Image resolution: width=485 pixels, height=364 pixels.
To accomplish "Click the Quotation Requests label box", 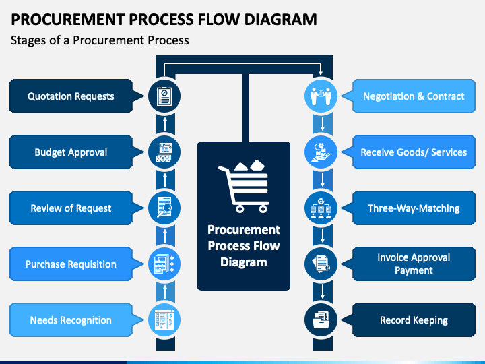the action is [x=71, y=96].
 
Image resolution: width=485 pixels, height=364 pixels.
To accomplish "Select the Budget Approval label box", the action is [x=71, y=152].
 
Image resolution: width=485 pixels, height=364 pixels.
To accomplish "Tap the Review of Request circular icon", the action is [x=164, y=208].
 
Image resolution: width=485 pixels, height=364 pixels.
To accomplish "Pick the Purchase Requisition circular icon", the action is [x=164, y=264].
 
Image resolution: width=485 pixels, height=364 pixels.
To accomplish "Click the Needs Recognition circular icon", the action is [x=164, y=320].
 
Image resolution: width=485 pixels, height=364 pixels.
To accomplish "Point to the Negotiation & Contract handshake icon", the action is [x=321, y=96].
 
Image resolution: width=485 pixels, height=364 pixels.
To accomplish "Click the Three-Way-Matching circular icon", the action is [x=321, y=208].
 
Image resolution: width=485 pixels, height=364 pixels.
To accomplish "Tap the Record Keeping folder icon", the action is [x=321, y=320].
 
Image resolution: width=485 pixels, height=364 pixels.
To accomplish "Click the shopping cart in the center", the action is [x=244, y=186].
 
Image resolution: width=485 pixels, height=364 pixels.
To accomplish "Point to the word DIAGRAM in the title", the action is [x=280, y=19].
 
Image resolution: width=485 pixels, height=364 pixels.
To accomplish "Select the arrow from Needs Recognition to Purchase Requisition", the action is [x=165, y=292].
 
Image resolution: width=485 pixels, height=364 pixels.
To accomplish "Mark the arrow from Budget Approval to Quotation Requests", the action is [x=165, y=124].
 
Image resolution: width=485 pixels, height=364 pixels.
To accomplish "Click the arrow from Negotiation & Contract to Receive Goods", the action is [x=323, y=124].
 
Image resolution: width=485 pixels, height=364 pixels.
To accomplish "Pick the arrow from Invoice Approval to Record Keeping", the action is [x=323, y=292].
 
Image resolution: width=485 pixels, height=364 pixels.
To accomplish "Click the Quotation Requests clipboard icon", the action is [x=164, y=96].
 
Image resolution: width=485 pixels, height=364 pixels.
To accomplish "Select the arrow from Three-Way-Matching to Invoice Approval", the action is [x=323, y=236].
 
